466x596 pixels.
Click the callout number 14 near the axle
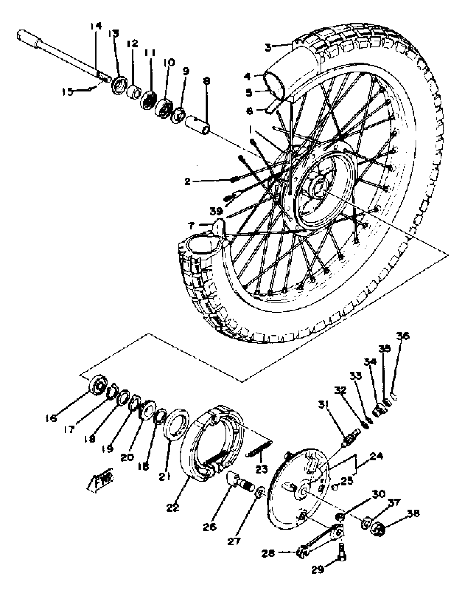pyautogui.click(x=96, y=27)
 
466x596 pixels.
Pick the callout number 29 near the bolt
pyautogui.click(x=318, y=569)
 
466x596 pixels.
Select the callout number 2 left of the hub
pyautogui.click(x=187, y=181)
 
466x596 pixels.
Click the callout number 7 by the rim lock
pyautogui.click(x=191, y=226)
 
